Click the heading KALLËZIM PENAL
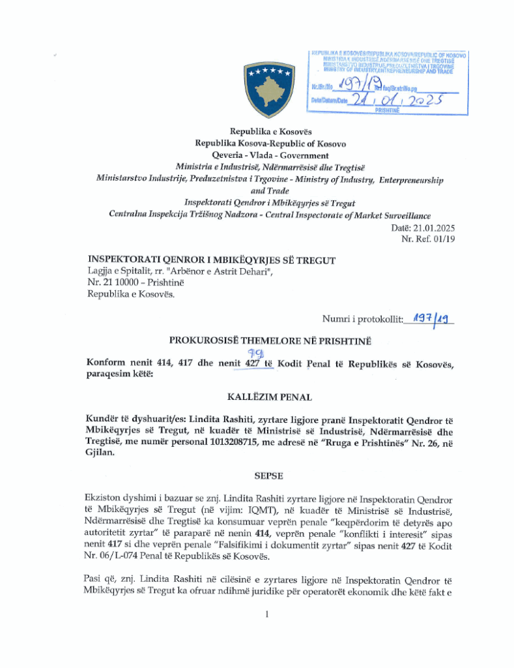pos(270,397)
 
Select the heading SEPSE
pos(270,476)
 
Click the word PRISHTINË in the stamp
pos(388,110)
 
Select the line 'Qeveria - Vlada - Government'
pos(270,155)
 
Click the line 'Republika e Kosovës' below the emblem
pos(270,132)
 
